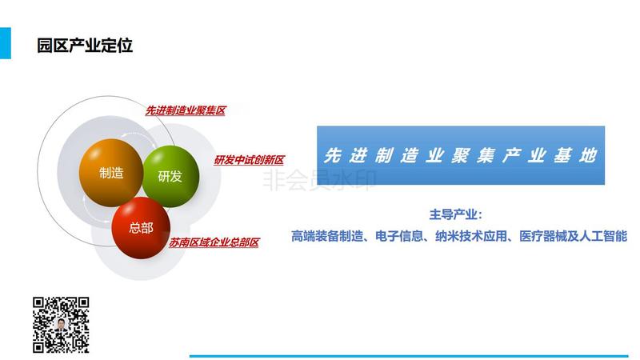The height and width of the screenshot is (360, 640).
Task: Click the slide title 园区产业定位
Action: tap(85, 45)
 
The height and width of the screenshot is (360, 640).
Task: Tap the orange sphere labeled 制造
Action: tap(111, 173)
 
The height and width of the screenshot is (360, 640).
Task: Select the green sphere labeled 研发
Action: tap(170, 176)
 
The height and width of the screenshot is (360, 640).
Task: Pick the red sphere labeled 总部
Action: tap(141, 228)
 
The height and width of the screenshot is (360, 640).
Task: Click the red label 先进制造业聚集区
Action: tap(186, 110)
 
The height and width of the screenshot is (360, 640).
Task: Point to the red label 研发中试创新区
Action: tap(249, 160)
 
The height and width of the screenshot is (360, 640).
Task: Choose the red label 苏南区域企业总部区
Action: tap(214, 242)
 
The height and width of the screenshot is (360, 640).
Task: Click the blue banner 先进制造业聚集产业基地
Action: tap(461, 155)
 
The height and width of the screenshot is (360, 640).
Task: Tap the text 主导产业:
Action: tap(455, 214)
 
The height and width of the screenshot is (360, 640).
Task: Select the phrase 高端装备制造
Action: tap(327, 236)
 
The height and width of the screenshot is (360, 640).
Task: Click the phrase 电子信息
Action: tap(399, 236)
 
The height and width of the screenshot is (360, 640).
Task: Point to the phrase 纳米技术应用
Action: tap(471, 236)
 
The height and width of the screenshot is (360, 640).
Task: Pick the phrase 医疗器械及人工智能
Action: tap(573, 236)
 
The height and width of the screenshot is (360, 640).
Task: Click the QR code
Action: tap(61, 325)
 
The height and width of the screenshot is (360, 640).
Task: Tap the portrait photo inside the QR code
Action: tap(61, 325)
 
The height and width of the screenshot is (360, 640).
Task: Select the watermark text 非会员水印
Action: tap(318, 180)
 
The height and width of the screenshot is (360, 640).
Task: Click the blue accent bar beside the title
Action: tap(6, 43)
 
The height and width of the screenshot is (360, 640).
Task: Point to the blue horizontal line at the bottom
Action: tap(409, 356)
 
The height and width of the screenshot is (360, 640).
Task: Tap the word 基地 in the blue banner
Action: tap(575, 155)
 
